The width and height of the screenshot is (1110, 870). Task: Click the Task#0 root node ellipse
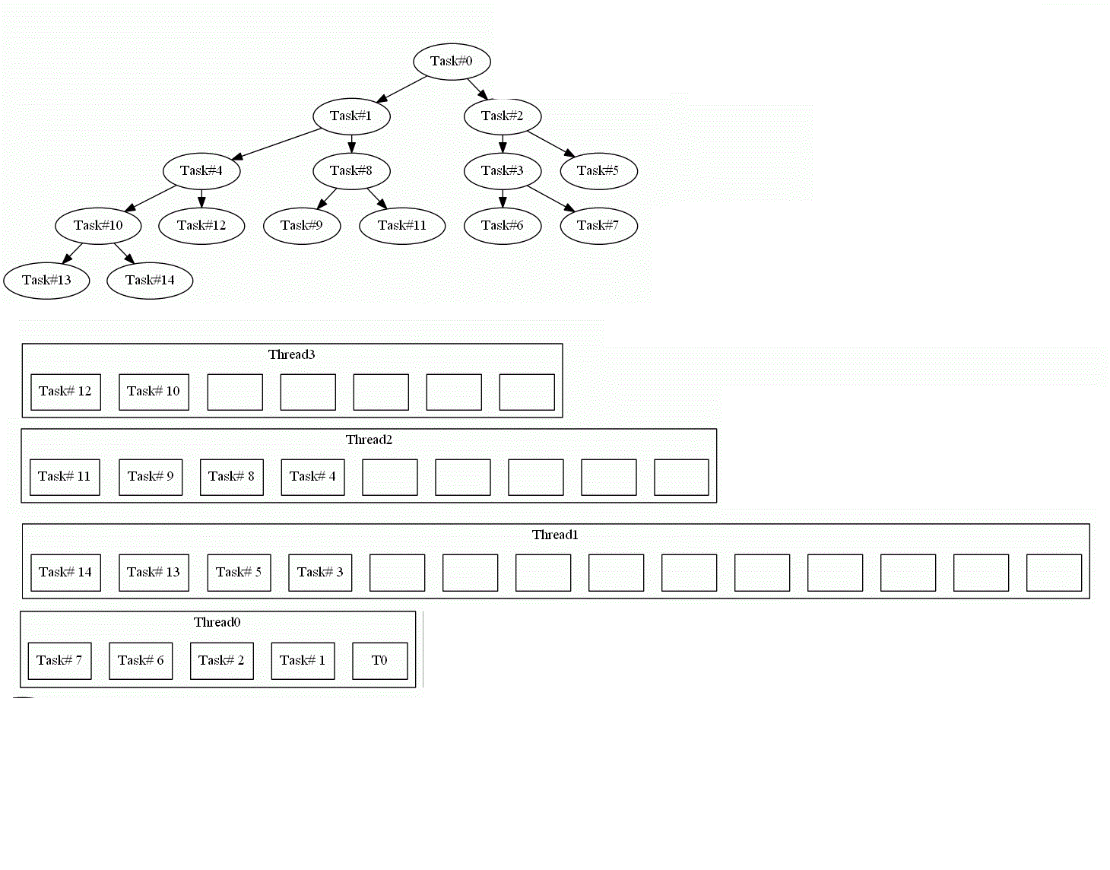(x=452, y=62)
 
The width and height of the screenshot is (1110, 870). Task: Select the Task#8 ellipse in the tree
(x=351, y=171)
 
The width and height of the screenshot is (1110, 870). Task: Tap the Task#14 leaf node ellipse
(x=150, y=281)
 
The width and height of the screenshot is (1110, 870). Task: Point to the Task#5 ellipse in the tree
(x=598, y=171)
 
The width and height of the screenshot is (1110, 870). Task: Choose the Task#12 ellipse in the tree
(x=201, y=226)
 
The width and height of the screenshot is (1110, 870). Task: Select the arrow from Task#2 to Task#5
(x=550, y=144)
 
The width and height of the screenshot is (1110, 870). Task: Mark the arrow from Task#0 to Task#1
(x=401, y=89)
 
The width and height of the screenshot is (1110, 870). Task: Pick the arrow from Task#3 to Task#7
(x=550, y=198)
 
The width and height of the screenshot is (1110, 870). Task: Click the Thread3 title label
(x=291, y=355)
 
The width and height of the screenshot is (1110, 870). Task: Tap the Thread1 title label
(x=555, y=535)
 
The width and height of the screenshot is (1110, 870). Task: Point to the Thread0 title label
(x=217, y=623)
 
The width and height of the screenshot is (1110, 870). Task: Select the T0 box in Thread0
(x=379, y=661)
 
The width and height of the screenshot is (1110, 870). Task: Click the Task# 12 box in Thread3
(x=65, y=392)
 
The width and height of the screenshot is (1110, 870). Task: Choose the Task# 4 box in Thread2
(x=312, y=477)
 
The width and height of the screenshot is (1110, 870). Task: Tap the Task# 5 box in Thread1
(x=239, y=573)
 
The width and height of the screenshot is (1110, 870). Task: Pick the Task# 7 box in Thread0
(x=59, y=661)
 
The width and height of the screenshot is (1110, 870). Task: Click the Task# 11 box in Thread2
(x=65, y=477)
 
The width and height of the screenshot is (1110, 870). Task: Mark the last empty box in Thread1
(x=1054, y=573)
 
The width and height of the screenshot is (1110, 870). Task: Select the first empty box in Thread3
(x=235, y=392)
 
